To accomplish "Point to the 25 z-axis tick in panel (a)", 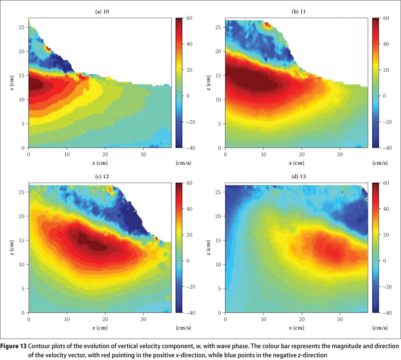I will (x=24, y=27).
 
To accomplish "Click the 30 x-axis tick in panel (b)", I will (x=340, y=154).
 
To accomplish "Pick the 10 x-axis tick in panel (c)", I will (x=67, y=318).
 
